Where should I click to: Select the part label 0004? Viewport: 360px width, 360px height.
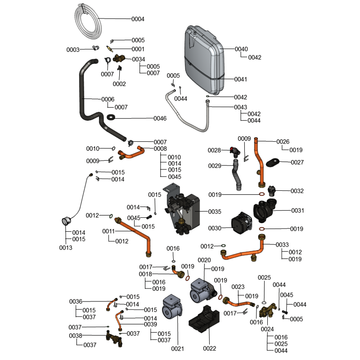[138, 19]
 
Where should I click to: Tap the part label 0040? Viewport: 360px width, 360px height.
[241, 49]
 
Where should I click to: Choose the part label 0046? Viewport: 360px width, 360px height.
[160, 118]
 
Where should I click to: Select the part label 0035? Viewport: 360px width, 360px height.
[215, 211]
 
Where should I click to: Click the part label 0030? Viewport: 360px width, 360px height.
[214, 229]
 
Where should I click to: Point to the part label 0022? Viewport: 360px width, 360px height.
[210, 349]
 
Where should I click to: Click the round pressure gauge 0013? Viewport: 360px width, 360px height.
[66, 220]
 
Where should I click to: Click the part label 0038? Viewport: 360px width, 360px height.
[76, 336]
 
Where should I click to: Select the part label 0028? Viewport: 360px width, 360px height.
[214, 150]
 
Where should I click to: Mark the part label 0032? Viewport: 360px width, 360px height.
[297, 191]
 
